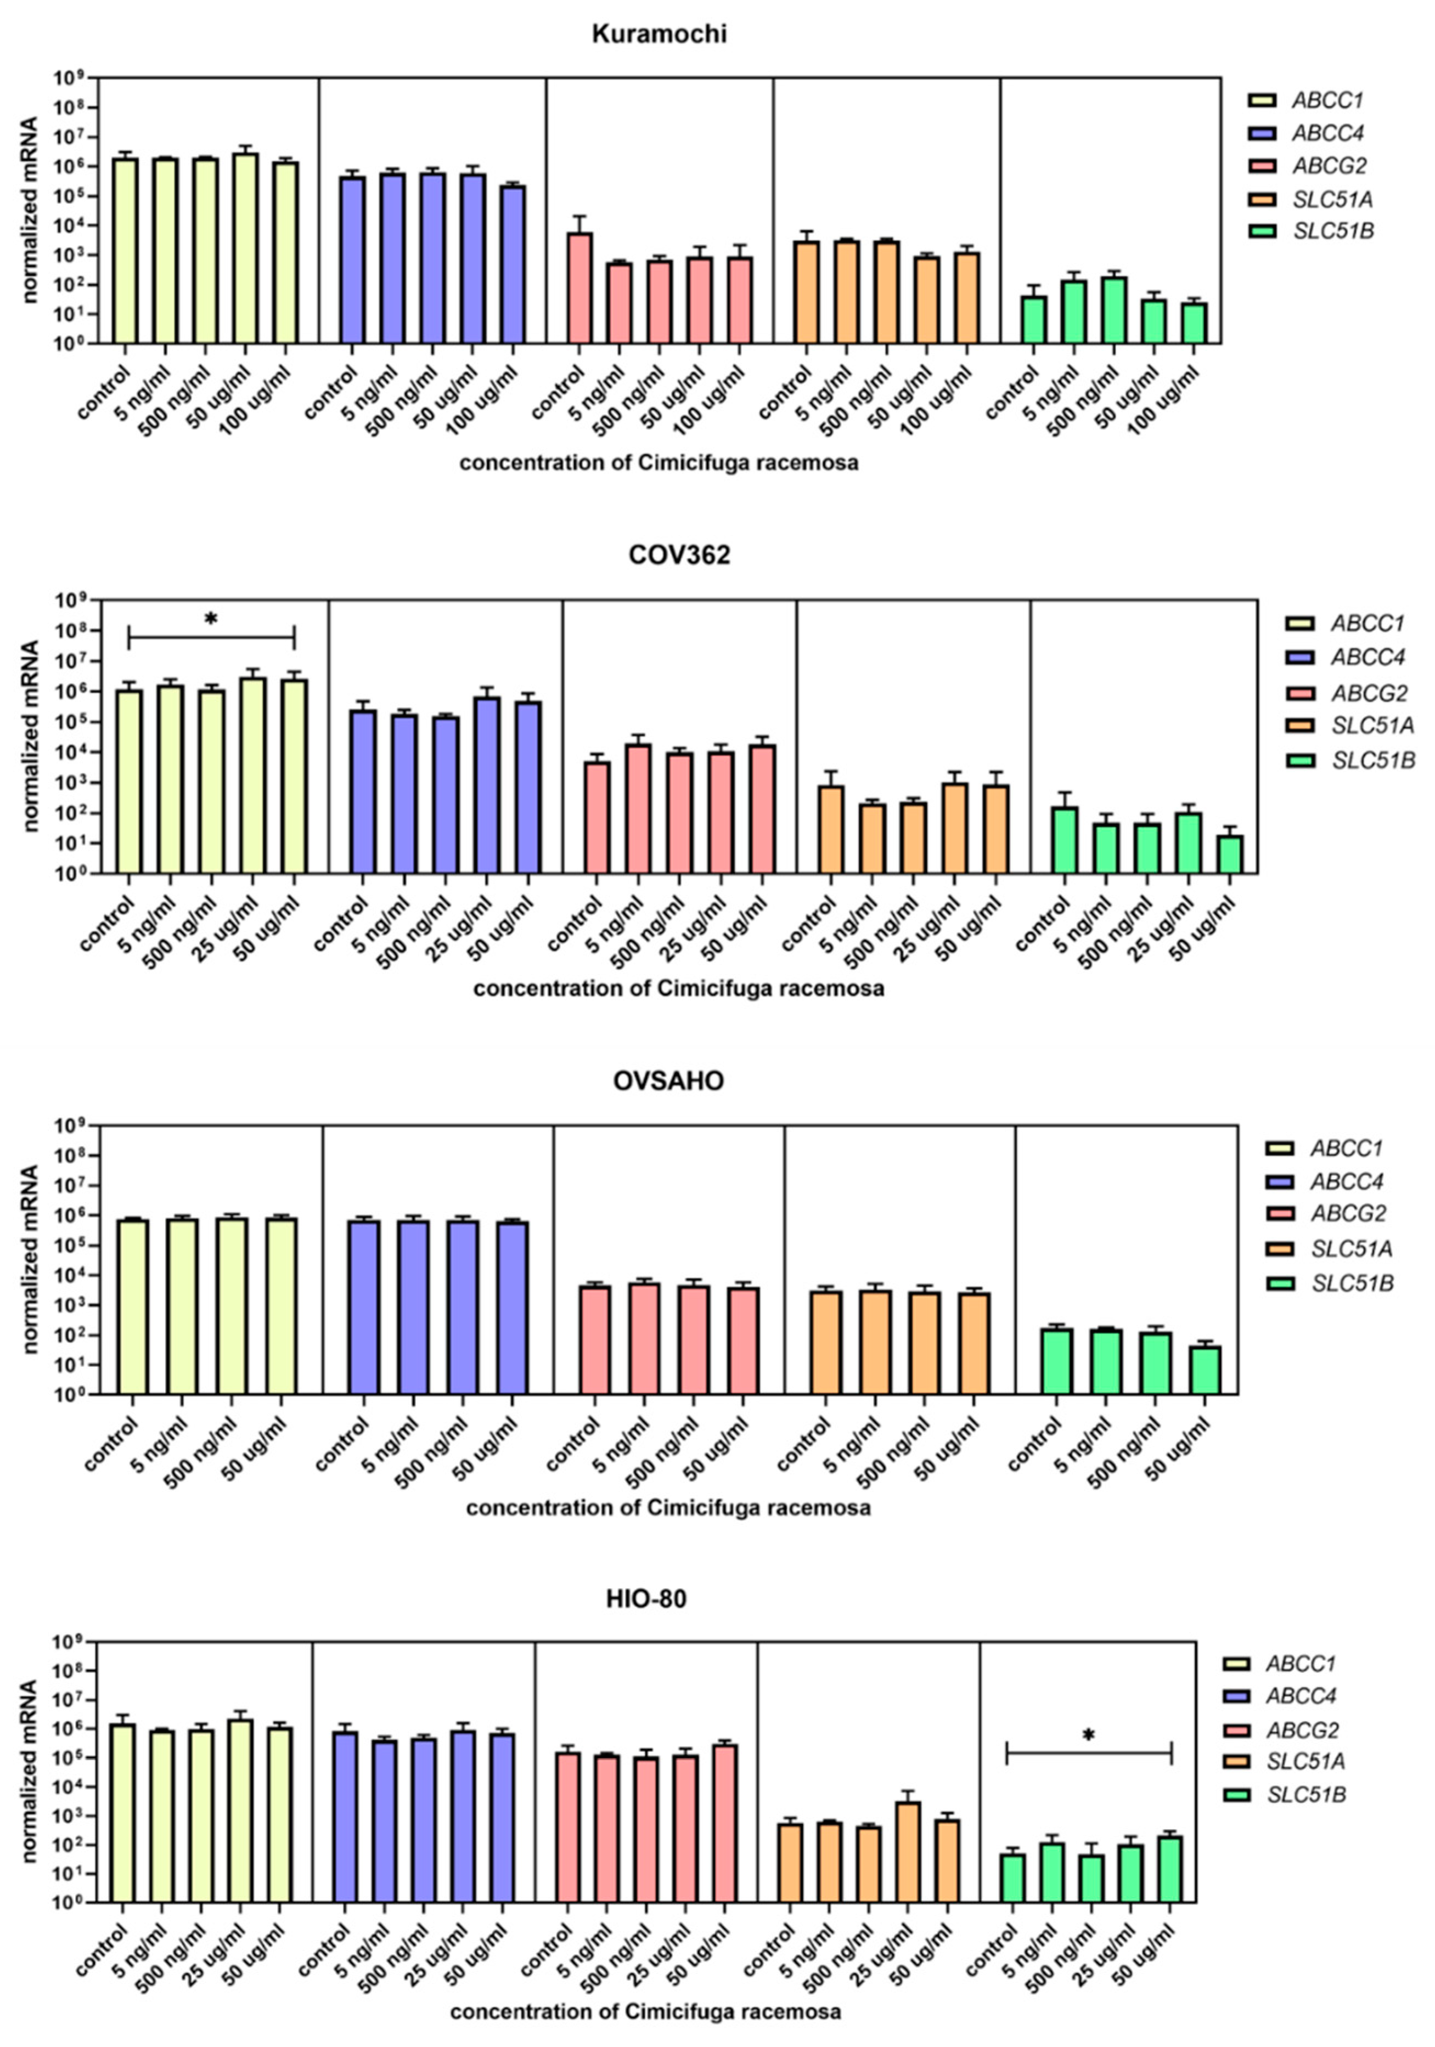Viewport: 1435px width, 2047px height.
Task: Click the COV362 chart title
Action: (679, 556)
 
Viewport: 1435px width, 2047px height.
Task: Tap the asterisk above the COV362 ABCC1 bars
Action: (211, 618)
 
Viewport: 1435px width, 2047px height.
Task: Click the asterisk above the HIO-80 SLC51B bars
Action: (1088, 1734)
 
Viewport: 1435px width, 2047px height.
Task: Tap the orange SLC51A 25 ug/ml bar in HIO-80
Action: (907, 1853)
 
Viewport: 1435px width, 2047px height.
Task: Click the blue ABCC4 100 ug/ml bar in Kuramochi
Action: (513, 264)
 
